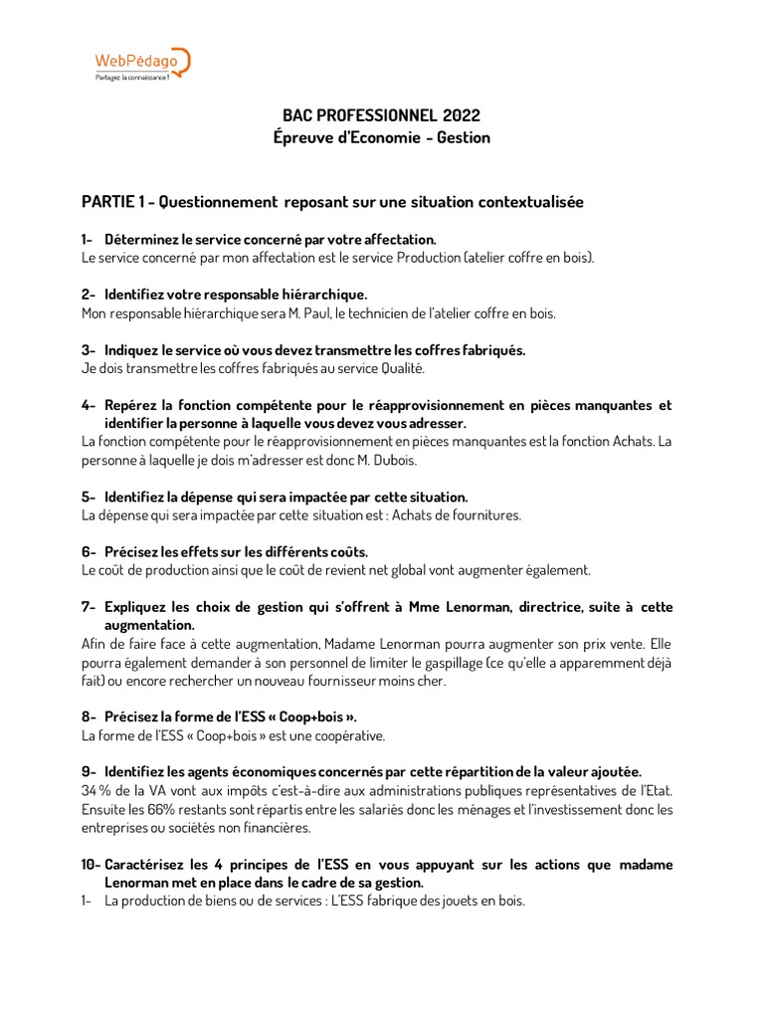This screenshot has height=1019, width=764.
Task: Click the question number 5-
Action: pyautogui.click(x=89, y=497)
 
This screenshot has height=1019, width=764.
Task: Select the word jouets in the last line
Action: pyautogui.click(x=450, y=901)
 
